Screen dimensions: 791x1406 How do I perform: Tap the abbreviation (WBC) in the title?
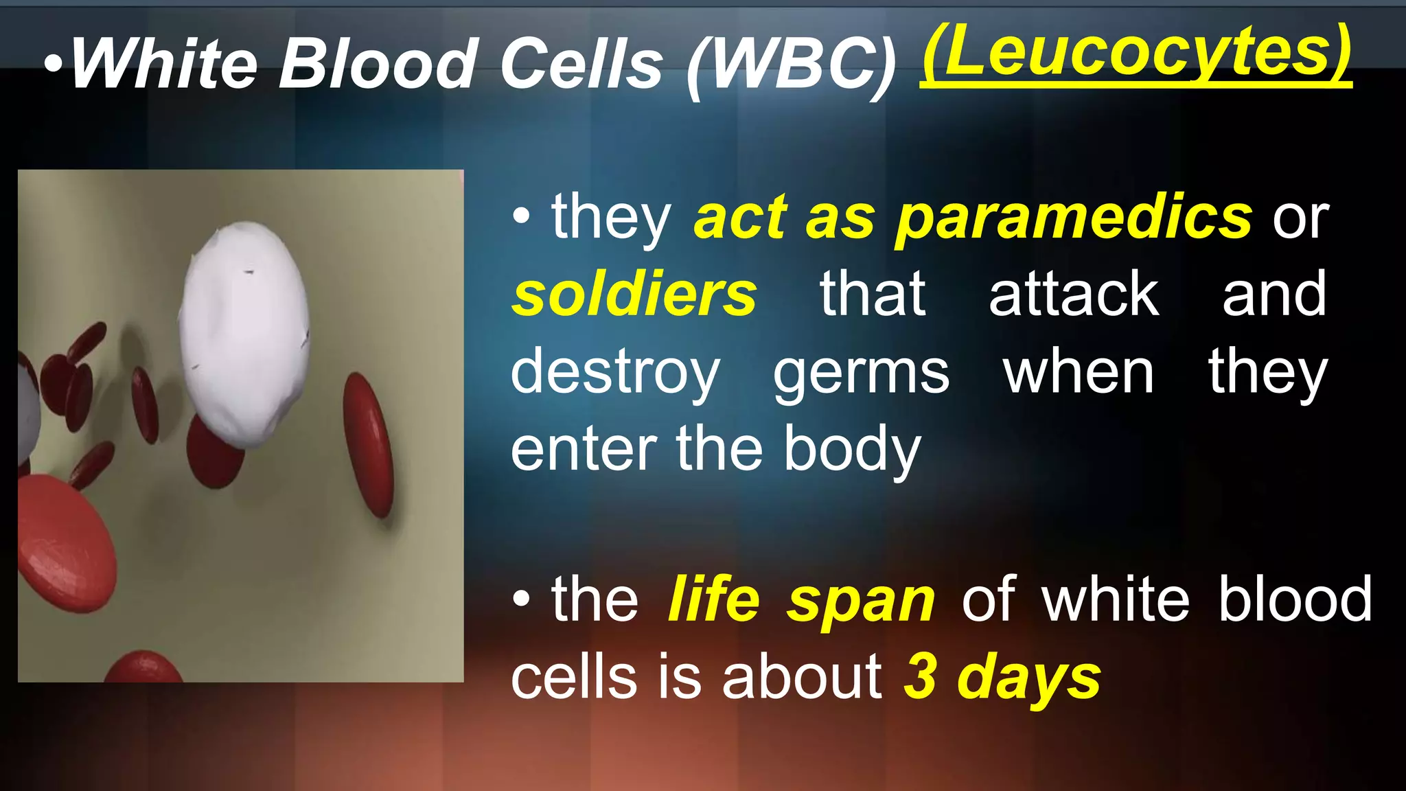pos(792,65)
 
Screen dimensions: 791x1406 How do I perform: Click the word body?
pos(852,450)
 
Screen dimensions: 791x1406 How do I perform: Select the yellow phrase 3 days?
pos(1002,677)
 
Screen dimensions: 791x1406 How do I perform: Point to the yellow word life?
pos(713,599)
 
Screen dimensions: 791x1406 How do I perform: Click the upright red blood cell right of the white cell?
pos(369,444)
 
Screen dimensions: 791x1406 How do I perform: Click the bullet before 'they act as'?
pos(521,218)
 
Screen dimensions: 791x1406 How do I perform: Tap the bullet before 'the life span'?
pos(521,600)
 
